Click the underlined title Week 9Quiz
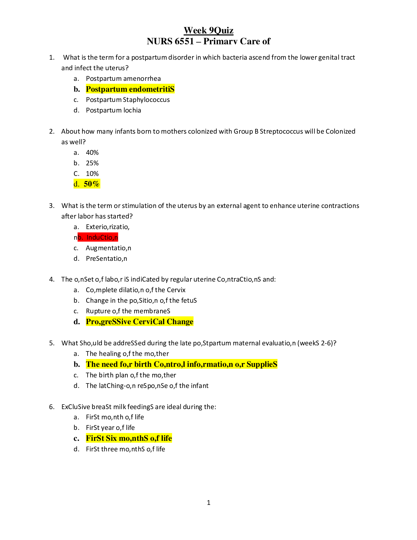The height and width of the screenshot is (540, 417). click(208, 30)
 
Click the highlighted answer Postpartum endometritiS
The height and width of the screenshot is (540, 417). click(130, 89)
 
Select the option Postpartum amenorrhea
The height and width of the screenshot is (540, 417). click(123, 78)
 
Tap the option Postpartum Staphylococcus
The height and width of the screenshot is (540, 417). click(128, 100)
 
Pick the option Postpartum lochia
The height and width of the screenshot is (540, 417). click(113, 110)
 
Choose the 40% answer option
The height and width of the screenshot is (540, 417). click(92, 152)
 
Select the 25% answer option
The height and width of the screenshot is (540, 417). click(92, 163)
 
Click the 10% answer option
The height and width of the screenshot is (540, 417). click(92, 174)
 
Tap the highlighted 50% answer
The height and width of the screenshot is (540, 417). click(92, 184)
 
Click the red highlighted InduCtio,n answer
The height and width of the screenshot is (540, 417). click(102, 237)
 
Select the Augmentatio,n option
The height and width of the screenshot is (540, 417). click(108, 248)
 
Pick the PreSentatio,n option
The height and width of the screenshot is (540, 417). click(106, 258)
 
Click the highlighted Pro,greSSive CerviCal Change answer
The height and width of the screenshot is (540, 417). click(140, 321)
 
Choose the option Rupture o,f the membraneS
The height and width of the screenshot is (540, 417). click(128, 311)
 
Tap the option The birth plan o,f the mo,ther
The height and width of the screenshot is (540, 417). click(131, 375)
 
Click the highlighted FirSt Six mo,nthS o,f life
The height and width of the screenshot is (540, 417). click(129, 438)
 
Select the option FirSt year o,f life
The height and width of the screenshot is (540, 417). click(110, 427)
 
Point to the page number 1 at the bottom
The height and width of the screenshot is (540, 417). click(208, 502)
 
